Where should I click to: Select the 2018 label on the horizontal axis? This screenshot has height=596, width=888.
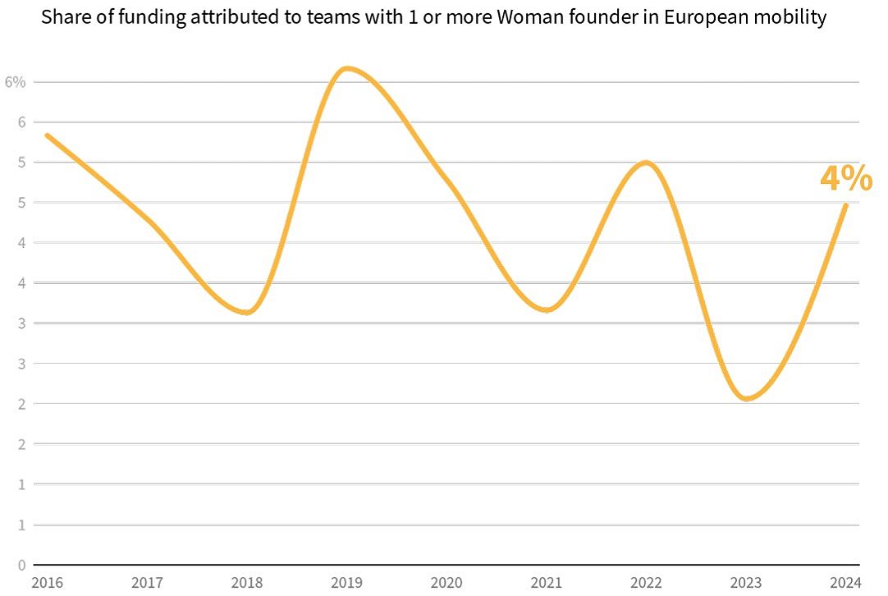point(247,583)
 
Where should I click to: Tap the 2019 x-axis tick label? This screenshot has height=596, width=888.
point(347,583)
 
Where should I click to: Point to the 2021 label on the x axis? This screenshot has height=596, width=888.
point(547,583)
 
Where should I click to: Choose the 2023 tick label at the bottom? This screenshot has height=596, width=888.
point(746,583)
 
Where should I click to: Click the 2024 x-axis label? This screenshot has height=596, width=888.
point(845,583)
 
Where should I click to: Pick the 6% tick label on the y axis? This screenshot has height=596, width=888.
point(16,82)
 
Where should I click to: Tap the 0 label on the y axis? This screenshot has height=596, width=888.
point(21,565)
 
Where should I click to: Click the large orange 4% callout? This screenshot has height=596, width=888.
point(846,178)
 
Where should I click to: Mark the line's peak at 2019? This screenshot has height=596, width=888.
point(347,68)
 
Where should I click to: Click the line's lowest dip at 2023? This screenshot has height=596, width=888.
point(746,399)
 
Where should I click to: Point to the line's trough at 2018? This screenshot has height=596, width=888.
point(247,313)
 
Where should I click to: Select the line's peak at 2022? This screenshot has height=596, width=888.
point(647,163)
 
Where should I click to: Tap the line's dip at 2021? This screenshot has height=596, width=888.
point(547,310)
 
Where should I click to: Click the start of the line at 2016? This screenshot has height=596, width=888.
point(47,135)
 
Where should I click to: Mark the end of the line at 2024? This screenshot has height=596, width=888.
point(845,205)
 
